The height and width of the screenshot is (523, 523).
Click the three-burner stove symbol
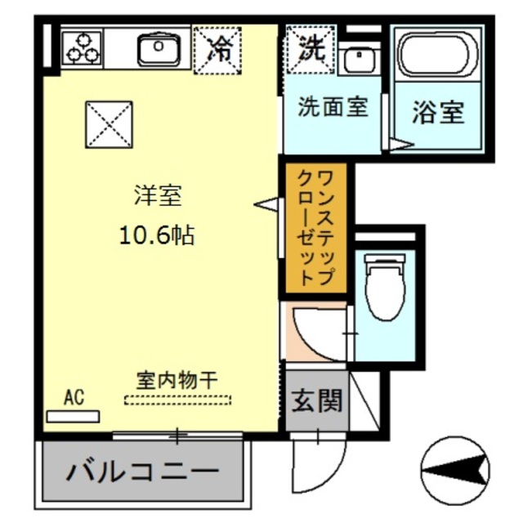(83, 47)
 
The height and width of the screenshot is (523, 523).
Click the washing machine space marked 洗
(311, 48)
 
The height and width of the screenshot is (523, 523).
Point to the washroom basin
(358, 58)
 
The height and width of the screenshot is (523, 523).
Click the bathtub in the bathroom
(438, 55)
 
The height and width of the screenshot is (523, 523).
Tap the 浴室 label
(438, 113)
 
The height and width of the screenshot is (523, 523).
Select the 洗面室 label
(332, 106)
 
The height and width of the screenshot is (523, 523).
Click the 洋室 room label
(158, 196)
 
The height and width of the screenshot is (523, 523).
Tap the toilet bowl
(384, 287)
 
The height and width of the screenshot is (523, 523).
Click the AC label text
(74, 398)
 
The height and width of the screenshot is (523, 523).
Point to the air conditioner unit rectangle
(73, 416)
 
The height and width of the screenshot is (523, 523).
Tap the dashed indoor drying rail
(177, 400)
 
